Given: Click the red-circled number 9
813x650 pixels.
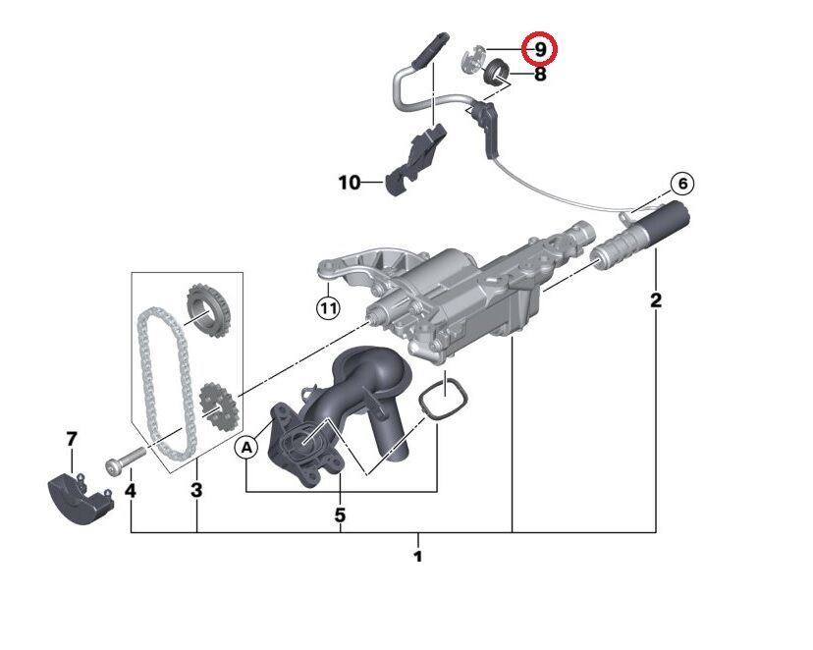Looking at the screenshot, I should click(x=539, y=48).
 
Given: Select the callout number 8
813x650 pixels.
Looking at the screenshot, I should click(x=539, y=74).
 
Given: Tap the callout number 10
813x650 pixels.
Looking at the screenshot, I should click(x=350, y=182).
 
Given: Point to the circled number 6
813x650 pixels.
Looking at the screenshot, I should click(x=681, y=184).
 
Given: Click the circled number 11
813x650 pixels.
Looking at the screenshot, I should click(x=327, y=308).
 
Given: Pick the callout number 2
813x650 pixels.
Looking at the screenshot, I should click(x=656, y=299).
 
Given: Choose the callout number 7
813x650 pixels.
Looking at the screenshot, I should click(x=71, y=439).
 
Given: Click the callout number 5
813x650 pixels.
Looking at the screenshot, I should click(x=340, y=514).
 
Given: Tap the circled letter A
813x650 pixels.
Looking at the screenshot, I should click(x=247, y=447).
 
